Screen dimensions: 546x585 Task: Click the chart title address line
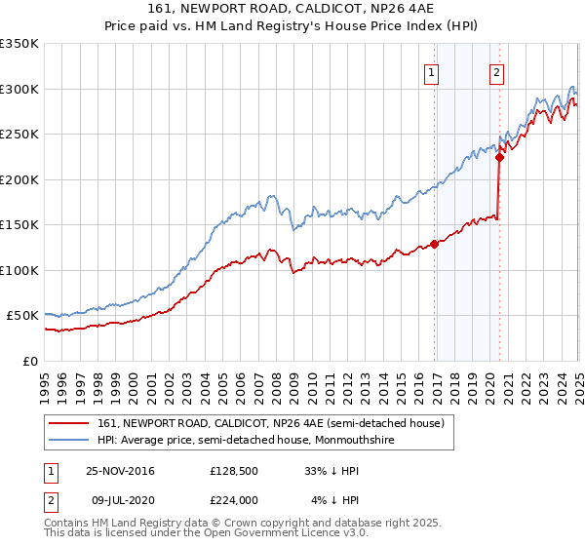(x=292, y=9)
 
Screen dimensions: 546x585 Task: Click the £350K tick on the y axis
(x=19, y=44)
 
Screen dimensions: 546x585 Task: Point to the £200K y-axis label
(x=19, y=179)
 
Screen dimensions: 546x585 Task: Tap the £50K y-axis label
(x=22, y=316)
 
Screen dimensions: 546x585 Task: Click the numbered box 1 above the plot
(x=431, y=71)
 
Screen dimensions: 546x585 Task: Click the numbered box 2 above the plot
(x=496, y=71)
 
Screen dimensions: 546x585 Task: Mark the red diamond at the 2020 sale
(x=499, y=157)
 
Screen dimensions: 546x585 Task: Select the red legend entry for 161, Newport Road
(x=270, y=423)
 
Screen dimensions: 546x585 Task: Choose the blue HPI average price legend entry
(x=261, y=439)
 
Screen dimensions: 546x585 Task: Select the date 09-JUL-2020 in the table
(x=121, y=500)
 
